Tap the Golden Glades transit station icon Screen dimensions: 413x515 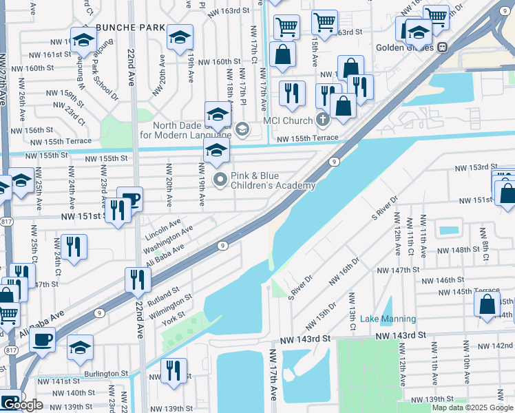click(443, 47)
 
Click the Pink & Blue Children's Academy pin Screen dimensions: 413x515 click(220, 180)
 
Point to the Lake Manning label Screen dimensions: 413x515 click(388, 319)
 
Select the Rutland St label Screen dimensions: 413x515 click(165, 294)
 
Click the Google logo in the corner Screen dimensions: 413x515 click(22, 405)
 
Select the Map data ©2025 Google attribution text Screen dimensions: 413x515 click(472, 407)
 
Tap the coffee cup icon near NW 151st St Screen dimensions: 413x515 click(129, 200)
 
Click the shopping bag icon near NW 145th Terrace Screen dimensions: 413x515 click(487, 306)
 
